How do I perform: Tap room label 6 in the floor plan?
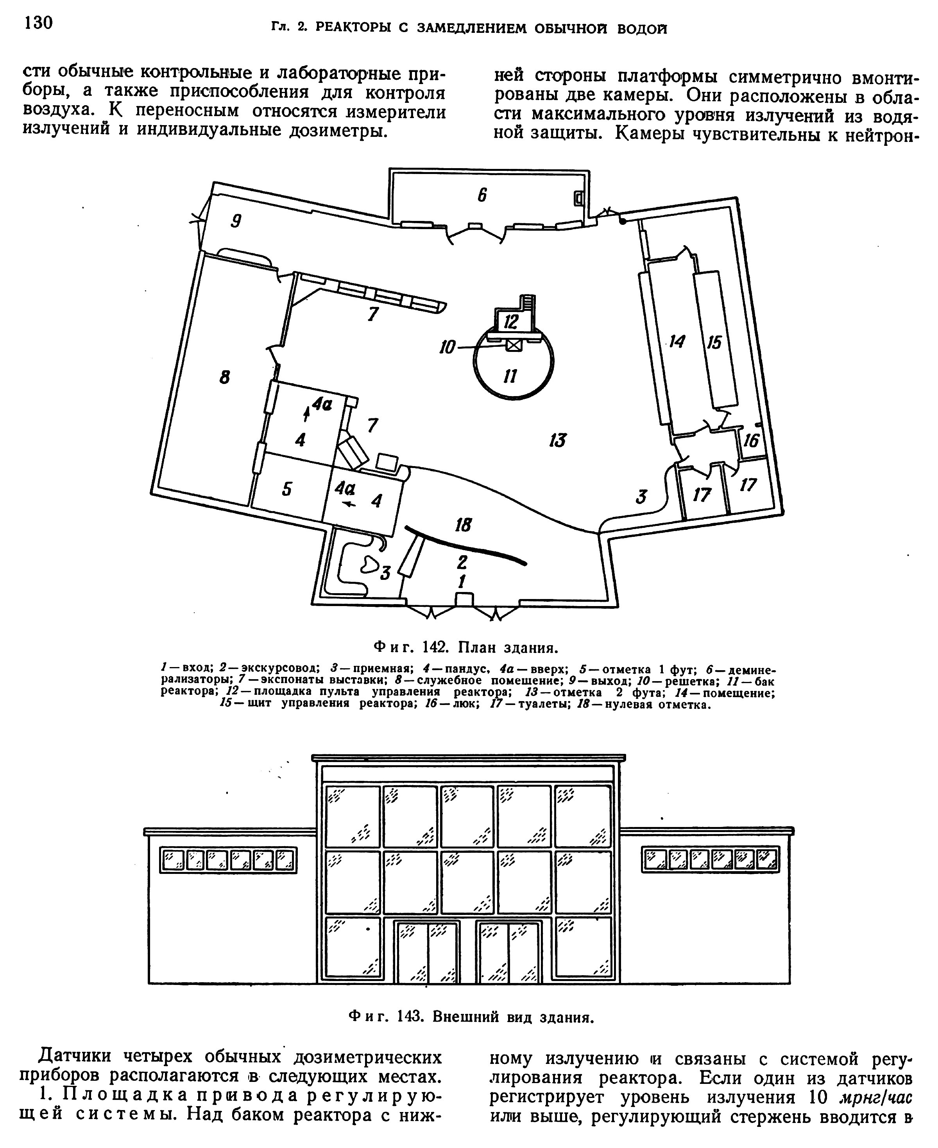coord(482,195)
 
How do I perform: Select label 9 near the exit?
coord(236,221)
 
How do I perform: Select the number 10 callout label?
coord(448,347)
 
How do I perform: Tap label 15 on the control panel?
coord(714,342)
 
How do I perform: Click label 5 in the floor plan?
coord(287,489)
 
